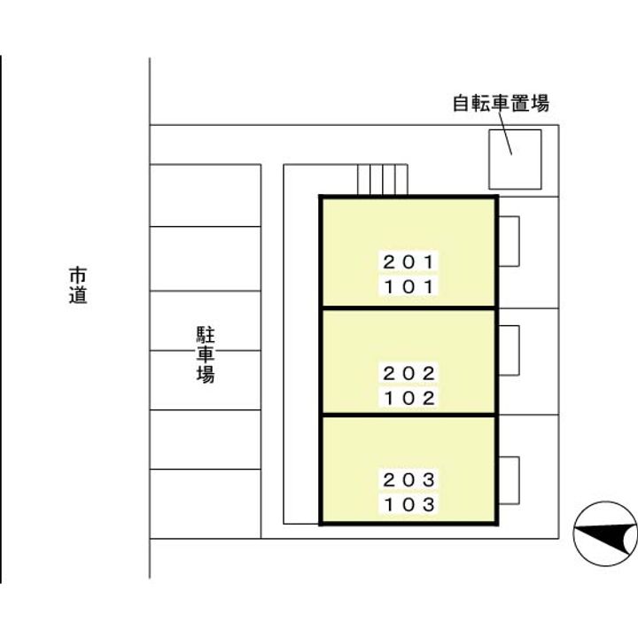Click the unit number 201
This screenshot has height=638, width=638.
(x=409, y=262)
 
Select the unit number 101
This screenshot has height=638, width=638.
(x=409, y=287)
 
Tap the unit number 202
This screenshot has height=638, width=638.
(x=409, y=373)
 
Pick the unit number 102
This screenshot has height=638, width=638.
(x=409, y=398)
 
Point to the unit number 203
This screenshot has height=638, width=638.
(x=409, y=479)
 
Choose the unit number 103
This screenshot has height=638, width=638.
(x=409, y=505)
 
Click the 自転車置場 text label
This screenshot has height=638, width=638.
(x=501, y=104)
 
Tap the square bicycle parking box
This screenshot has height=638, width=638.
(x=515, y=159)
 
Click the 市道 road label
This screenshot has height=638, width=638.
(x=79, y=284)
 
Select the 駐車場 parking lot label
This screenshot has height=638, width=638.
(x=206, y=354)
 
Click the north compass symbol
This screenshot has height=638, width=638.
(x=605, y=533)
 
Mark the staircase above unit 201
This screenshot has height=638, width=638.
(x=382, y=179)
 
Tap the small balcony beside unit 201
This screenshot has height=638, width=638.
(x=508, y=240)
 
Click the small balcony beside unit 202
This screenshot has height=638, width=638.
(x=508, y=350)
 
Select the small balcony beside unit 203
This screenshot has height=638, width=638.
(x=508, y=480)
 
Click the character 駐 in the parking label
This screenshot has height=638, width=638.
(x=206, y=334)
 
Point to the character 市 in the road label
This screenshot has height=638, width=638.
(x=79, y=275)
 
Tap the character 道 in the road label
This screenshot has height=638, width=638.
(x=79, y=295)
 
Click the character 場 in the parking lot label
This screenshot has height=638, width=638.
(x=206, y=375)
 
